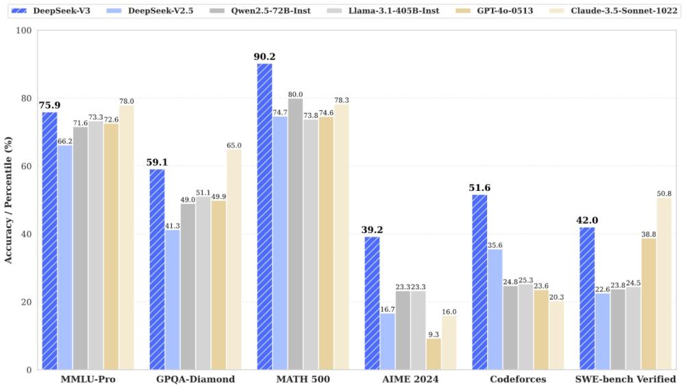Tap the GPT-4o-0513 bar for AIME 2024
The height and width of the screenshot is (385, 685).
434,354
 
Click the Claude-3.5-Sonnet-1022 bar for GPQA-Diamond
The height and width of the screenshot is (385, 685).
234,259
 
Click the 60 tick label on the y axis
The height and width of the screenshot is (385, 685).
26,166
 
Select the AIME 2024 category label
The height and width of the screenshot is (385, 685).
410,379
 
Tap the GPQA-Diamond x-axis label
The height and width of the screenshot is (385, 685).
195,379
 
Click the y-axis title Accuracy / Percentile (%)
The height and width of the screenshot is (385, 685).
8,200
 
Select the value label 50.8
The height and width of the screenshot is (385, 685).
663,193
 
